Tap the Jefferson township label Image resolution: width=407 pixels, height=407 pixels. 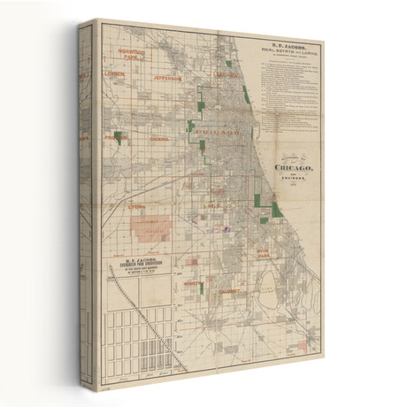click(167, 78)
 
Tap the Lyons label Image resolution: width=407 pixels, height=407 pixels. click(136, 207)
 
